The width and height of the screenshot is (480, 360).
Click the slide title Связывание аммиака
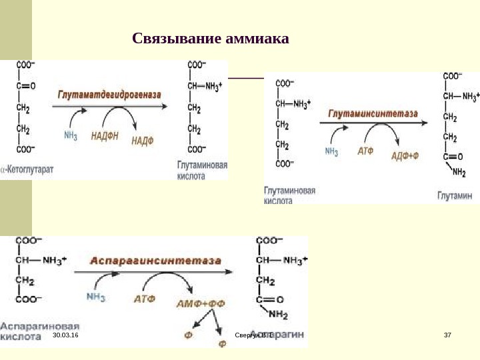211,39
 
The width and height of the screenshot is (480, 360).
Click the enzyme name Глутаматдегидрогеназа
110,95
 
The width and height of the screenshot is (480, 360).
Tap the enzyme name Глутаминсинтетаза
373,113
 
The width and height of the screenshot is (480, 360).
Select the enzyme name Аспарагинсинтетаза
156,261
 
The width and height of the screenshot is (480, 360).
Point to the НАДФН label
105,136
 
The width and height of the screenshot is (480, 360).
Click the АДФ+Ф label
405,155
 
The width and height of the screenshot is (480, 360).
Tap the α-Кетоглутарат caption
27,170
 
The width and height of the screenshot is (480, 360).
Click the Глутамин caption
455,195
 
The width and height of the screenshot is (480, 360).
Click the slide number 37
447,334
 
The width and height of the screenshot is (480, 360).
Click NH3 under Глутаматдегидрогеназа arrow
71,136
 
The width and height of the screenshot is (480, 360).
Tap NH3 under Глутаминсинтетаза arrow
331,151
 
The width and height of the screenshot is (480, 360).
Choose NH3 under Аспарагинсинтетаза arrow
96,297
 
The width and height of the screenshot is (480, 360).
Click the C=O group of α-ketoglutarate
26,85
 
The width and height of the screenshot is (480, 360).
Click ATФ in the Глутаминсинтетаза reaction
366,151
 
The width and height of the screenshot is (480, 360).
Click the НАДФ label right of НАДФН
142,140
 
